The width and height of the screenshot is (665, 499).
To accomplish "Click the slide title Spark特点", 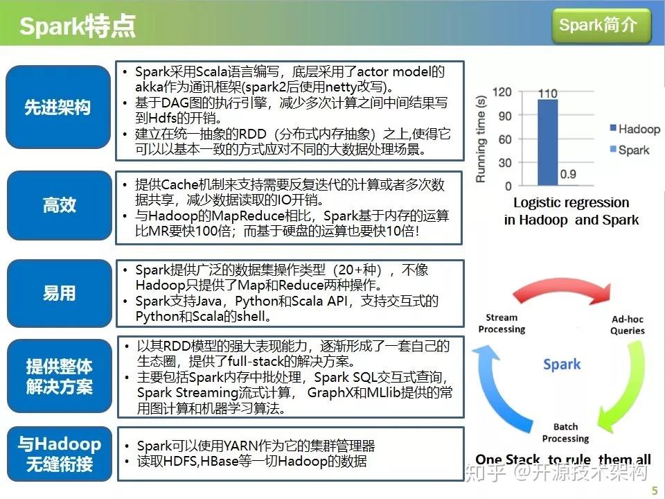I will [x=77, y=26].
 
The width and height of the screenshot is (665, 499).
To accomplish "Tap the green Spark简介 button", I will [x=601, y=26].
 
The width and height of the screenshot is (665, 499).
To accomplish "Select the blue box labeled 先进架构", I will [x=58, y=108].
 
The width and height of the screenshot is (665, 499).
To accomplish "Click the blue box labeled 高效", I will [x=58, y=205].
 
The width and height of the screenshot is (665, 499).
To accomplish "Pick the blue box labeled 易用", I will [x=58, y=293].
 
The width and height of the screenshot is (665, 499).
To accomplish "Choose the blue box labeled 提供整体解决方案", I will [x=58, y=376].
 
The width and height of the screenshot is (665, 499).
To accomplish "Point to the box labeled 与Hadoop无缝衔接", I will [x=58, y=454].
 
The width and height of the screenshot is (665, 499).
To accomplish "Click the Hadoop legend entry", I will [x=631, y=130].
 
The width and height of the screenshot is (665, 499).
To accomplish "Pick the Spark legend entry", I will [x=626, y=150].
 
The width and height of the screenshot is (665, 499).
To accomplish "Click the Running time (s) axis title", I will [x=481, y=139].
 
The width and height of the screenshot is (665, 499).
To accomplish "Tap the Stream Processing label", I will [x=502, y=324].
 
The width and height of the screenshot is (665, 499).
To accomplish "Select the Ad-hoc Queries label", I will [x=627, y=325].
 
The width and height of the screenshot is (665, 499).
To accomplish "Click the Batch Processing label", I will [x=565, y=432].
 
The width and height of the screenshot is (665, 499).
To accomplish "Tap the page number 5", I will [x=654, y=491].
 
